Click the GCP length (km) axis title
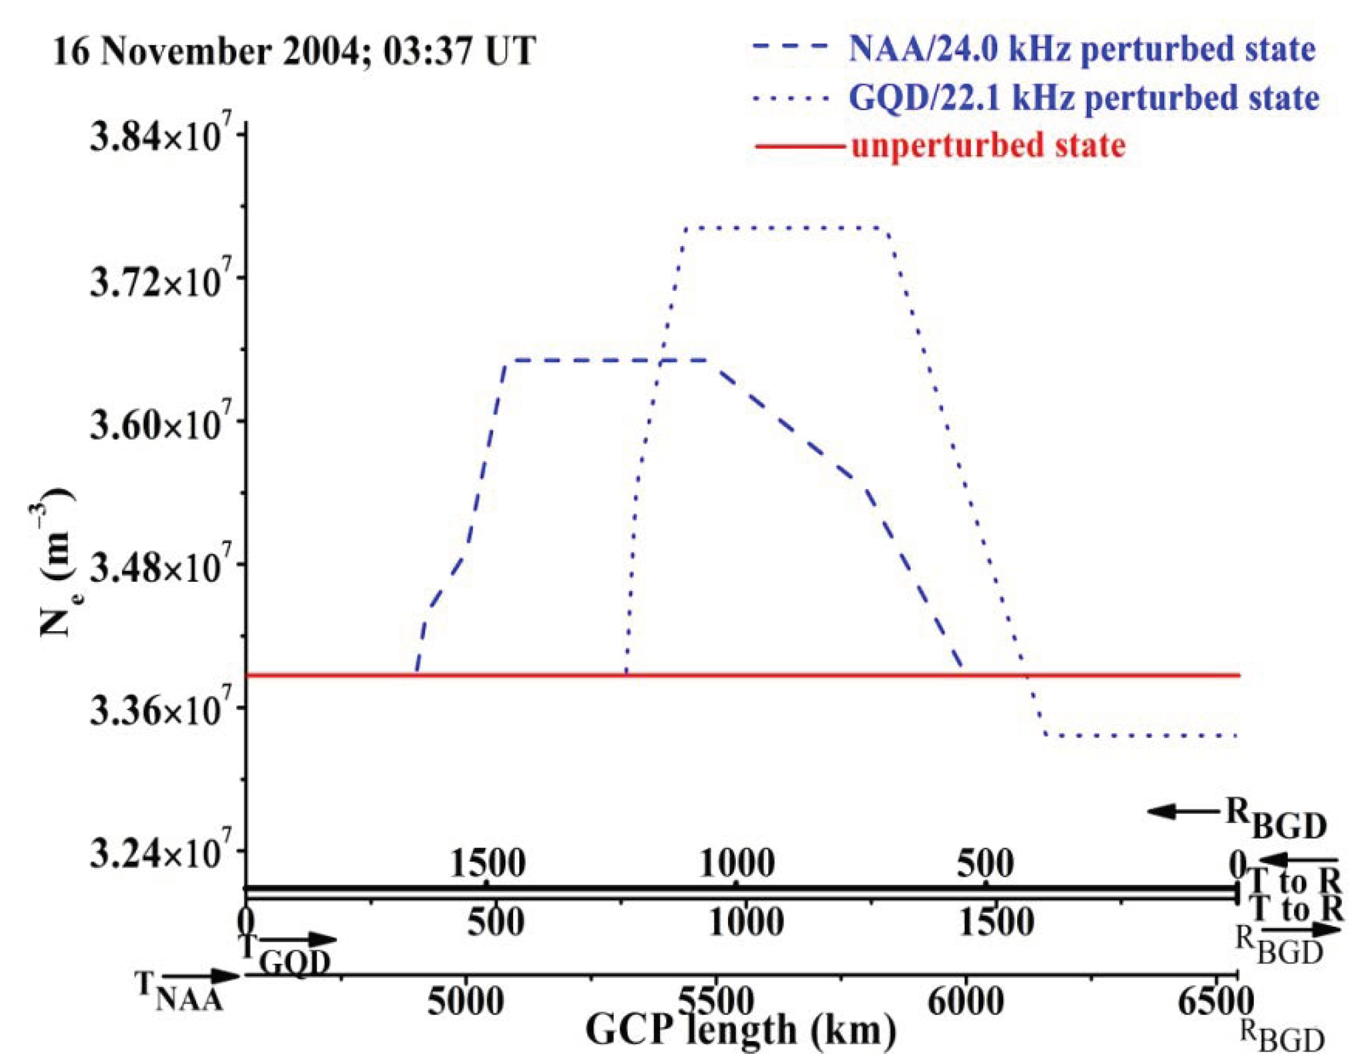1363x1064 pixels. pyautogui.click(x=739, y=1031)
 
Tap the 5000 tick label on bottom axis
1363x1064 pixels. pyautogui.click(x=465, y=1002)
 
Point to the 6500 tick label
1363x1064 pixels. pyautogui.click(x=1214, y=1002)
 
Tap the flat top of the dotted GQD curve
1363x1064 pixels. pyautogui.click(x=786, y=228)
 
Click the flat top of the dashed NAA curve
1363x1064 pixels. pyautogui.click(x=606, y=360)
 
